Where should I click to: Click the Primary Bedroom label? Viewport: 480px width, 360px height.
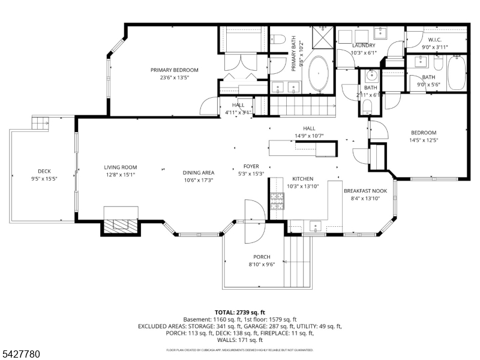click(x=174, y=70)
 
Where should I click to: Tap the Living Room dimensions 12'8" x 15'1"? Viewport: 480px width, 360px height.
click(x=121, y=175)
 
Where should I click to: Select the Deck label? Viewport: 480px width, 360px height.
click(x=44, y=171)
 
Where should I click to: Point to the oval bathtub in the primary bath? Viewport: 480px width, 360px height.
click(x=318, y=75)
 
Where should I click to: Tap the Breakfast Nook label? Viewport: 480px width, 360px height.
click(x=365, y=191)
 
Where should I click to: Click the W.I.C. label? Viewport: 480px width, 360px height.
click(x=435, y=40)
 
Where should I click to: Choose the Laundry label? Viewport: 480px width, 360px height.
click(x=364, y=46)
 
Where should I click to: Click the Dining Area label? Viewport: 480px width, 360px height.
click(x=198, y=173)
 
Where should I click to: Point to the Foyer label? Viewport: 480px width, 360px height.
click(x=251, y=167)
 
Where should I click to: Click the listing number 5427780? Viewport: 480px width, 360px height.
click(x=21, y=355)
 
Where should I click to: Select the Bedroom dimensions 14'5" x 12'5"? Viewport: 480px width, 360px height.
click(x=424, y=140)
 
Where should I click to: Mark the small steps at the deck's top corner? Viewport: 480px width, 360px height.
click(x=40, y=124)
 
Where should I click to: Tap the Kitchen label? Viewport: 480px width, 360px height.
click(x=302, y=179)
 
